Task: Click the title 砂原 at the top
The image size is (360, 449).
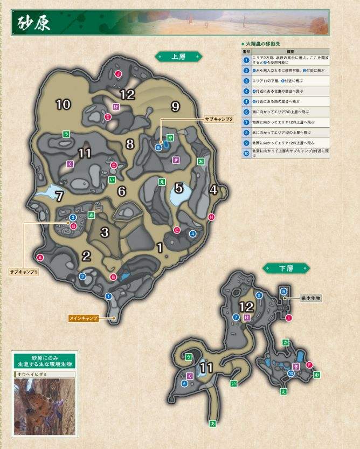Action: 35,23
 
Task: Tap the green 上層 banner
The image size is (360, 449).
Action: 178,55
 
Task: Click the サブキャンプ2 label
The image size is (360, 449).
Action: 218,119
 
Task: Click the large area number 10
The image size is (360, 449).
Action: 63,105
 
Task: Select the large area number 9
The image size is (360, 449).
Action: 175,107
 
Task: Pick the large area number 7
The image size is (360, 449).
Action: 59,196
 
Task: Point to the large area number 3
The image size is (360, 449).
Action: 105,232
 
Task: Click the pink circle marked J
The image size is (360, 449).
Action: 117,74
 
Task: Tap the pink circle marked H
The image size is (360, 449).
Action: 211,217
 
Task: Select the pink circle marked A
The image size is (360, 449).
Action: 40,257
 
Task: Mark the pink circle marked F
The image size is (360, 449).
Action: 309,365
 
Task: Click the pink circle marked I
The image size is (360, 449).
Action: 289,318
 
